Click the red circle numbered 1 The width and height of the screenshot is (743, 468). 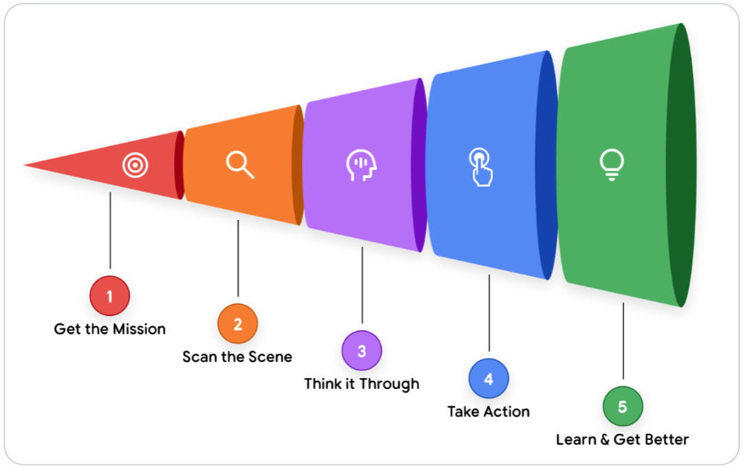click(x=109, y=297)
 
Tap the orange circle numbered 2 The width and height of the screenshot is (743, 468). click(x=237, y=324)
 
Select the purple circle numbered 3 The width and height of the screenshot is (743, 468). click(x=362, y=351)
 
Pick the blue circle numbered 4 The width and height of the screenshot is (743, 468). click(x=488, y=379)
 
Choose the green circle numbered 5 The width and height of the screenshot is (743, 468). click(x=623, y=407)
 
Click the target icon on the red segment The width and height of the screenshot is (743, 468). click(x=135, y=166)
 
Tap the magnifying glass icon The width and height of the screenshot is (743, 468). click(x=240, y=165)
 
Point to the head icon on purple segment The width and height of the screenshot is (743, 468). click(x=362, y=166)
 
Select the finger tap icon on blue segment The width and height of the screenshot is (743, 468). click(x=481, y=167)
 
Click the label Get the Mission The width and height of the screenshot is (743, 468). click(x=110, y=329)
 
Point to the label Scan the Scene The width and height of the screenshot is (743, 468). click(x=237, y=357)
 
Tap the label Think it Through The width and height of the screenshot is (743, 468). click(x=362, y=383)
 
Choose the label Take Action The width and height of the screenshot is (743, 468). click(x=488, y=412)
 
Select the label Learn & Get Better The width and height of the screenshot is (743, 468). click(x=623, y=439)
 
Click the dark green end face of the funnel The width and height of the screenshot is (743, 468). click(x=681, y=165)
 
